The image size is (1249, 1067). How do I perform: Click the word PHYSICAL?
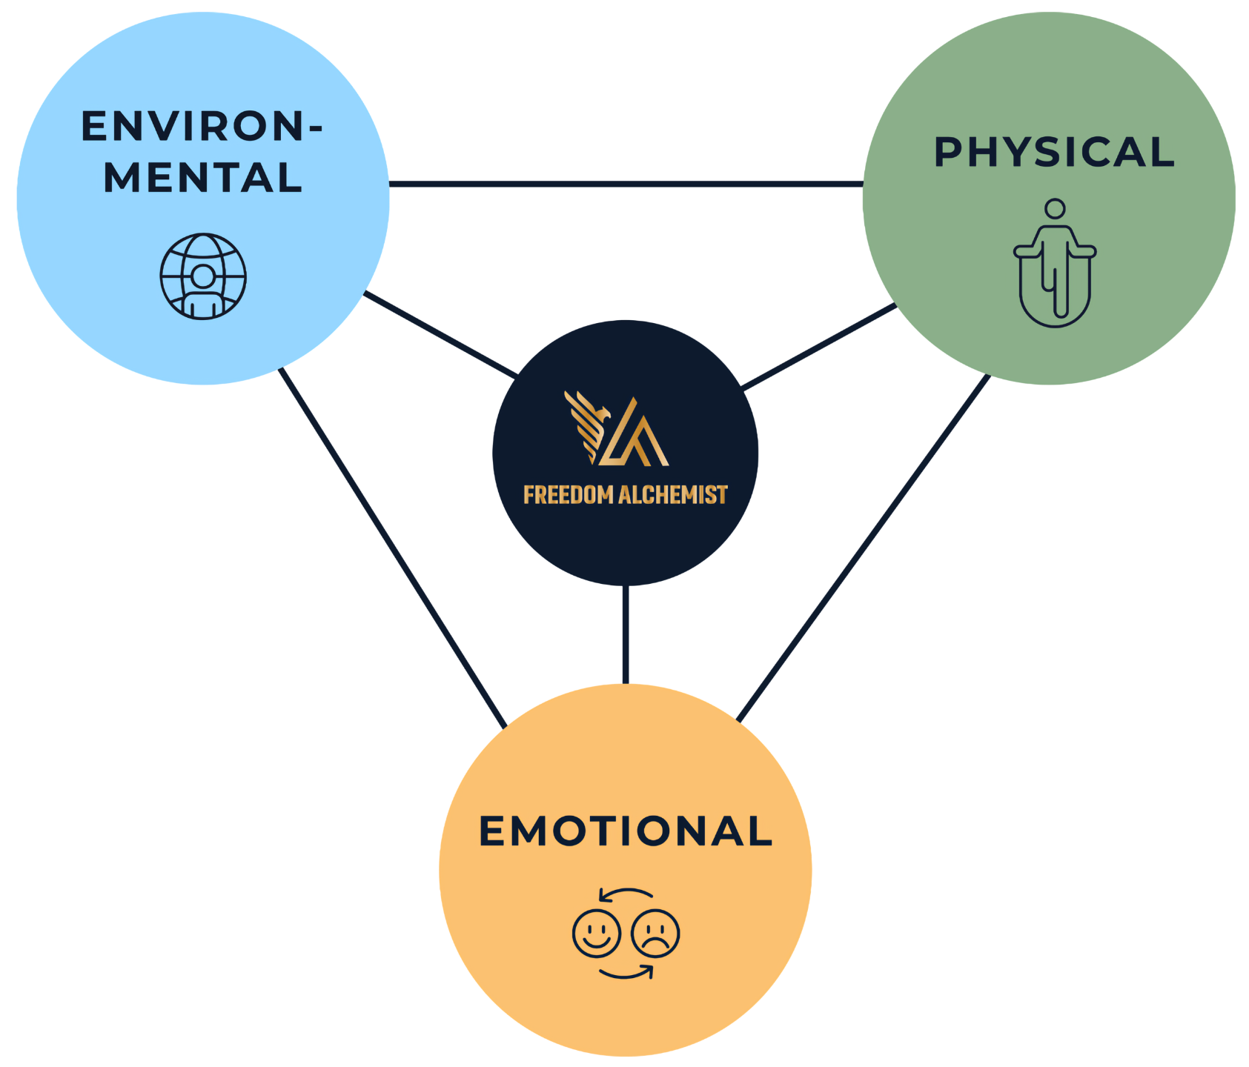[x=1054, y=152]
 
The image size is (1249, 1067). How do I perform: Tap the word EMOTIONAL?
[x=626, y=831]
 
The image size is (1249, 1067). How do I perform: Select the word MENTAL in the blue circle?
[x=203, y=178]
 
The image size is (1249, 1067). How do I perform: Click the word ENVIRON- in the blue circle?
[x=202, y=127]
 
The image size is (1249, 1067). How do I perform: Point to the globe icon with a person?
[x=203, y=276]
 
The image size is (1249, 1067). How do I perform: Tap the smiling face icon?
[x=596, y=933]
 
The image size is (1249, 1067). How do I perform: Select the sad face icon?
[x=655, y=933]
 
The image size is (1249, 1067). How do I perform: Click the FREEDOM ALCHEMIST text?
[x=626, y=495]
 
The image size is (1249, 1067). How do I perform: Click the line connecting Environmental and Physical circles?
[x=626, y=183]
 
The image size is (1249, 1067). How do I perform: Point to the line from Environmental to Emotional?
[x=393, y=548]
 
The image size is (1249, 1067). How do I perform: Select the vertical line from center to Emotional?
[x=626, y=634]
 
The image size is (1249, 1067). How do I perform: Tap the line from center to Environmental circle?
[x=441, y=335]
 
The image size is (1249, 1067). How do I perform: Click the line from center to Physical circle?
[x=819, y=347]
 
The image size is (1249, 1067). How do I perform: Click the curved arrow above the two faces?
[x=626, y=893]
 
